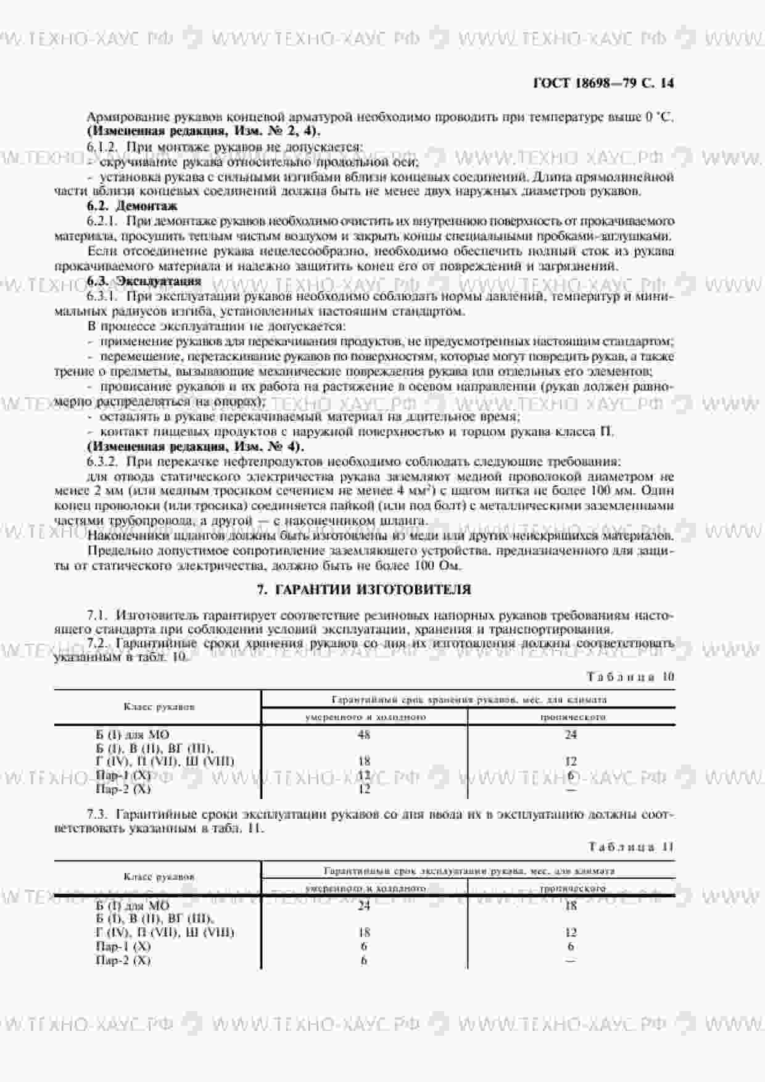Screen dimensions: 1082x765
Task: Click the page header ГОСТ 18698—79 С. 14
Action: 603,83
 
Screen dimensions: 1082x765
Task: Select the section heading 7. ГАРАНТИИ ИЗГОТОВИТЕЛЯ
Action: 363,589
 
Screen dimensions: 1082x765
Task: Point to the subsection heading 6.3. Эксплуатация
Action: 144,281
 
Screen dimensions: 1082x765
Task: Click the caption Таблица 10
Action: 631,676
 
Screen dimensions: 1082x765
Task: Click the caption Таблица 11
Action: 631,846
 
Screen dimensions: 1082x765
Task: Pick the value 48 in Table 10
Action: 364,734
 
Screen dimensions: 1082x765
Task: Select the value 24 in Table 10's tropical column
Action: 571,734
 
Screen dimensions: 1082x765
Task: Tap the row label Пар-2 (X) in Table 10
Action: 123,789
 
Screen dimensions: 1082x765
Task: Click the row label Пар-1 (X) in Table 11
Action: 123,946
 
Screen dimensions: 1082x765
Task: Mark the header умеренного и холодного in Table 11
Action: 365,888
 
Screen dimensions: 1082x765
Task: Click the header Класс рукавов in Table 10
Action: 159,707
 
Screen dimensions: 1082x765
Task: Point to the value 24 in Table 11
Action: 364,905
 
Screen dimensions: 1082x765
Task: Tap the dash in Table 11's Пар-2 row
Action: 571,961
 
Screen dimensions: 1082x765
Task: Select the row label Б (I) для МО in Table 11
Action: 133,905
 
